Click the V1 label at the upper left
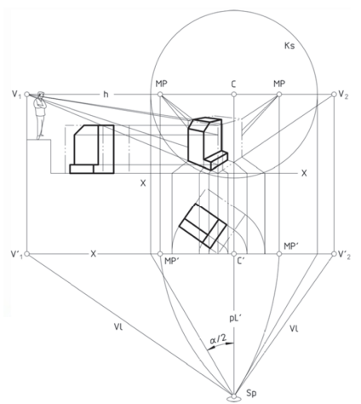[16, 95]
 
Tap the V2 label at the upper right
[344, 95]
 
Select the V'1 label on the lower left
[16, 254]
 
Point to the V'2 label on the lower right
[345, 255]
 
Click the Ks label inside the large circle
[289, 45]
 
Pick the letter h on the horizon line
[106, 94]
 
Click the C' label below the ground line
[241, 261]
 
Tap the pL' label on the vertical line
[235, 319]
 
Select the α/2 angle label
[218, 339]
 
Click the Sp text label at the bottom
[251, 393]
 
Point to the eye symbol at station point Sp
[233, 398]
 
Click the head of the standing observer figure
[41, 95]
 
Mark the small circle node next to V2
[334, 95]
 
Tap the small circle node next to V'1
[27, 254]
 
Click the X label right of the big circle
[304, 173]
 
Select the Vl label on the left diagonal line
[118, 326]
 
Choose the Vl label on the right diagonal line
[294, 329]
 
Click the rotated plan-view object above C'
[203, 226]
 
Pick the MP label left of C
[162, 84]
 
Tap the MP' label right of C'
[291, 246]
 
